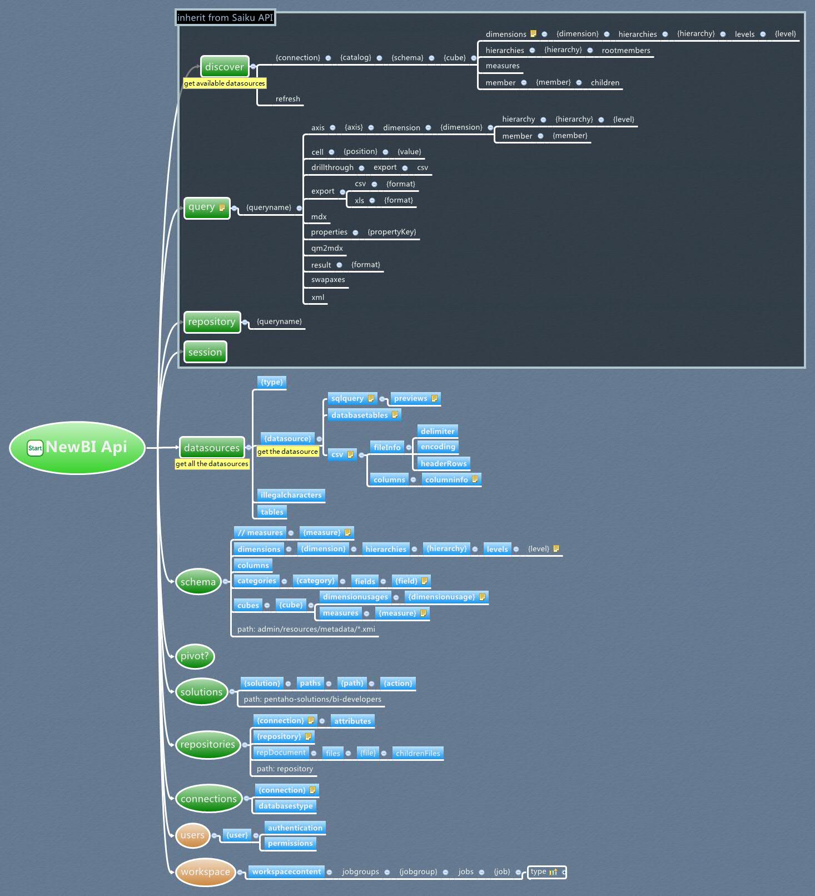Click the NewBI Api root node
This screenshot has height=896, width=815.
(77, 448)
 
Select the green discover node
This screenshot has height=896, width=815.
(224, 67)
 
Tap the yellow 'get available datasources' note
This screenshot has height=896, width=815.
(225, 83)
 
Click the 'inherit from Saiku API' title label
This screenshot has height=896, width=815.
(225, 18)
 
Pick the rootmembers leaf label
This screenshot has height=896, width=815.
(625, 51)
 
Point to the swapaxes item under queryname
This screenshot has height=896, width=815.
(328, 280)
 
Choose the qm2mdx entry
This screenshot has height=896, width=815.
(327, 248)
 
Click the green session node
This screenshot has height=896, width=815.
(205, 352)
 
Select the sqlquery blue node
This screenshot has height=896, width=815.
(347, 398)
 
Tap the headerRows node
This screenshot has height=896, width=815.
(444, 463)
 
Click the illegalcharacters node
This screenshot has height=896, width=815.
(291, 495)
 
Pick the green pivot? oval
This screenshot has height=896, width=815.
(195, 656)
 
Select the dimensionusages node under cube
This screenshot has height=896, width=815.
(355, 597)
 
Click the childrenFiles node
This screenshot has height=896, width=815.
(418, 753)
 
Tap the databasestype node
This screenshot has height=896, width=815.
(286, 806)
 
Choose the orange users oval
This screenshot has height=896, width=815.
(192, 835)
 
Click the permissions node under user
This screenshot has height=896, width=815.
(290, 843)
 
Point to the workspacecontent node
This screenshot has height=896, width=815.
(286, 872)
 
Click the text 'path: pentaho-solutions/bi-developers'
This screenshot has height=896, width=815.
(312, 699)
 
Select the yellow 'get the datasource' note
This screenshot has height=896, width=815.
(287, 452)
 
